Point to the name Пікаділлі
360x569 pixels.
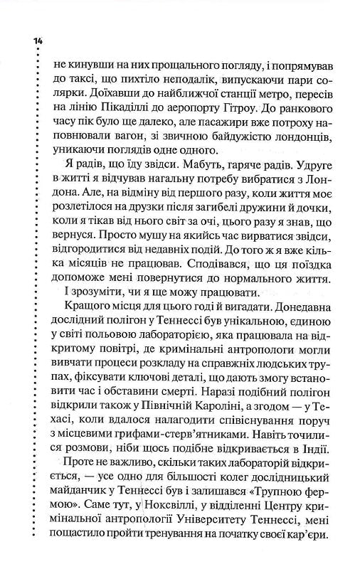(128, 114)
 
